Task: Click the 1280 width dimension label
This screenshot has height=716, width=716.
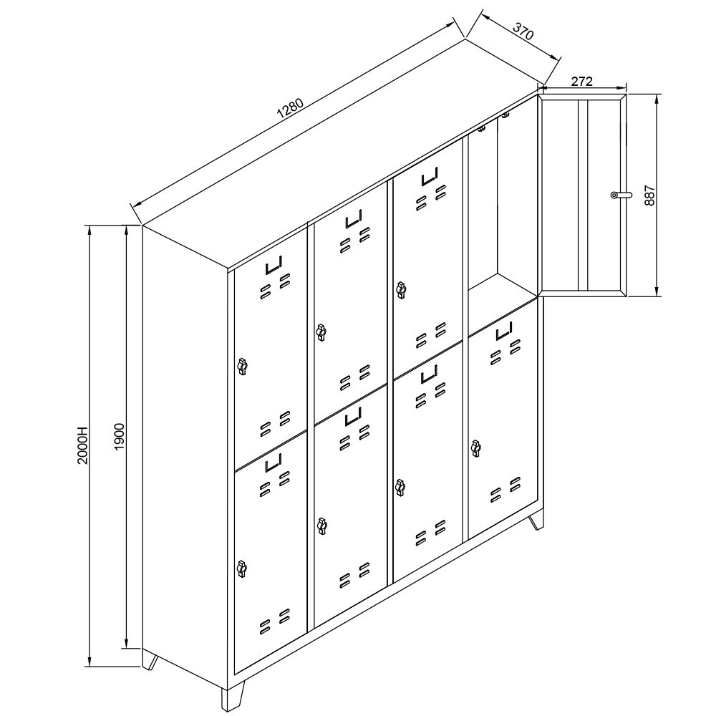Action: tap(291, 110)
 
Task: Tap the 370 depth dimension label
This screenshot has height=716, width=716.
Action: tap(523, 31)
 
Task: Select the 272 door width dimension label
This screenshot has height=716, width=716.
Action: tap(581, 82)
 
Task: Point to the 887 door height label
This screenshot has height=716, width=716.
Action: tap(650, 195)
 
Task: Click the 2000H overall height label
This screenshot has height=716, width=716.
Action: tap(82, 445)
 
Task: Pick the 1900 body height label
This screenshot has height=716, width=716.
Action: tap(119, 437)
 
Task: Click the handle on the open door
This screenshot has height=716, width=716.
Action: tap(621, 195)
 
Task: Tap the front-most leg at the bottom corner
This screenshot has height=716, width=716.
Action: tap(233, 696)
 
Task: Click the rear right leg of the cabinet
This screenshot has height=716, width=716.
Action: tap(537, 521)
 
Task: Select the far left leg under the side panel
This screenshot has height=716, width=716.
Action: tap(150, 661)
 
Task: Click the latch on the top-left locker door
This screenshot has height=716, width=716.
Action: tap(242, 366)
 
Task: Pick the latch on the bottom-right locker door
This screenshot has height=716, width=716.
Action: tap(476, 448)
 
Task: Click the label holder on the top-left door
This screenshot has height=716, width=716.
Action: tap(274, 265)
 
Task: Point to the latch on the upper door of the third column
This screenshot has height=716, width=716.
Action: tap(401, 290)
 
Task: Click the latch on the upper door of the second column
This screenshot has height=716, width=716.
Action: tap(321, 332)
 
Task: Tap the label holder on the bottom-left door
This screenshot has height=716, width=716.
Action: tap(274, 462)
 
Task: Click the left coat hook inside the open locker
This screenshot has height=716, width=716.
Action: tap(481, 129)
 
